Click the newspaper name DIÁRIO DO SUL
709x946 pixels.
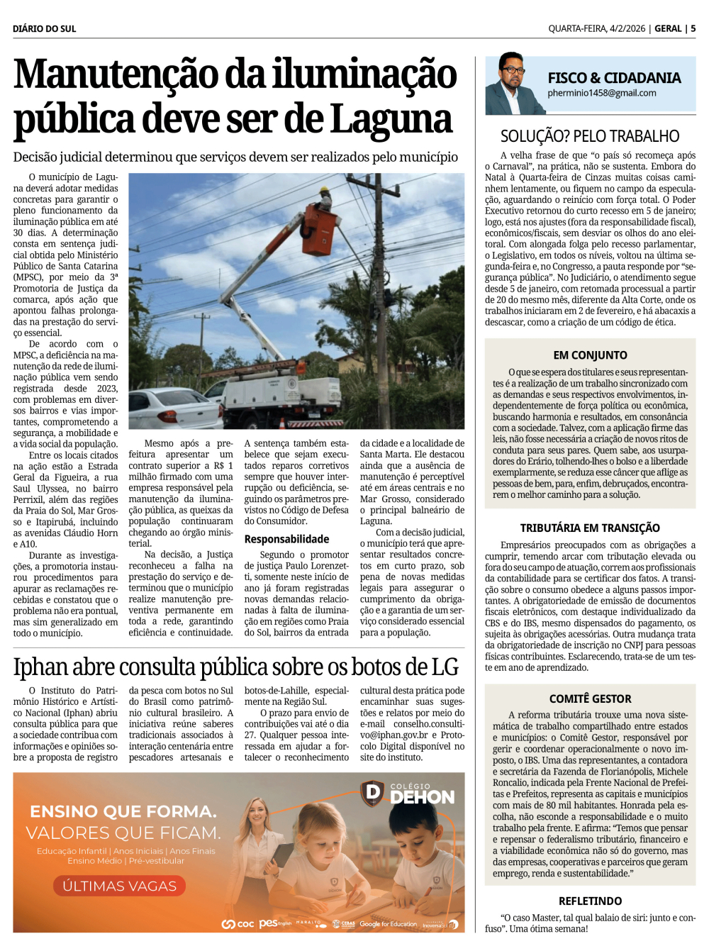[44, 28]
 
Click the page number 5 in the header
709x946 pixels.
[693, 28]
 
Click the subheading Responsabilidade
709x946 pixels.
[286, 539]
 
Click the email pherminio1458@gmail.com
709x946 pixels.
[601, 93]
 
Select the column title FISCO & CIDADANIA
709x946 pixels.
[614, 77]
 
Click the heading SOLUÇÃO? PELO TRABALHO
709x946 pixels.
[590, 136]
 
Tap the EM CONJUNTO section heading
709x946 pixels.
[590, 355]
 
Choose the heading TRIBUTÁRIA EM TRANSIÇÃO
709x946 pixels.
[590, 528]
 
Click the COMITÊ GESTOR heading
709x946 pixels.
[590, 699]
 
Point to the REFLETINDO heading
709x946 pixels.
[590, 901]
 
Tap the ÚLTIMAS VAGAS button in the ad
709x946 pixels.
[119, 886]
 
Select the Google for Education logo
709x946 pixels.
[388, 924]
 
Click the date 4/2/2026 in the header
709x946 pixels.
[627, 28]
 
